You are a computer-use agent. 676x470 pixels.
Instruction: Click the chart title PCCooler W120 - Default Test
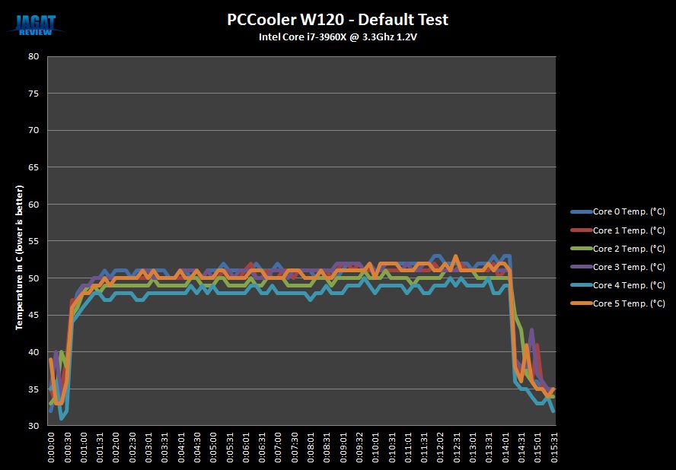click(x=336, y=19)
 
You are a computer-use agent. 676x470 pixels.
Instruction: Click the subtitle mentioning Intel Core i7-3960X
click(x=336, y=37)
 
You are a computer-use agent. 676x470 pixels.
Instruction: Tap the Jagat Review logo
click(x=37, y=23)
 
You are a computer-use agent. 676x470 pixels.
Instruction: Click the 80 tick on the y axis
click(x=33, y=56)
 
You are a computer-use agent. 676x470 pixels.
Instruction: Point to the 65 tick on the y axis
click(x=33, y=167)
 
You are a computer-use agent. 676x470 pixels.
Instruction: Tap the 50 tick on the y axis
click(x=33, y=278)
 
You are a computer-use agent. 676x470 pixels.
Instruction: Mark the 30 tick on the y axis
click(x=33, y=426)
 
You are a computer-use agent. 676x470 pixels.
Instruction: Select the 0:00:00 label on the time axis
click(x=51, y=448)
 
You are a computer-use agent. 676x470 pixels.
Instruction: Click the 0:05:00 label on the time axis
click(x=213, y=448)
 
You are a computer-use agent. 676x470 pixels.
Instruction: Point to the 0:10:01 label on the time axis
click(x=375, y=448)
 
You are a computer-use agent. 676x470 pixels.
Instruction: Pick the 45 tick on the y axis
click(x=33, y=315)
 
